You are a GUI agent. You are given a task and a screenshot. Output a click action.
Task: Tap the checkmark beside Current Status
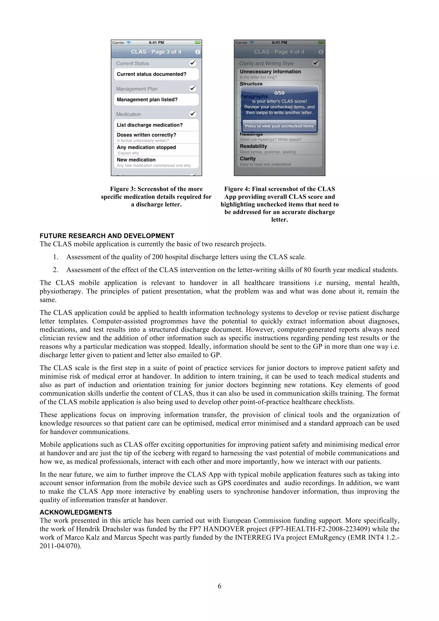[192, 63]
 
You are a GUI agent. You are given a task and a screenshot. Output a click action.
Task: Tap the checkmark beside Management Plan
[192, 88]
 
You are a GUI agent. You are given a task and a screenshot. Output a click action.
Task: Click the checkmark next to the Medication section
[192, 114]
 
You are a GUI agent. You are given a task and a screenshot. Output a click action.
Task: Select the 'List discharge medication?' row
[150, 125]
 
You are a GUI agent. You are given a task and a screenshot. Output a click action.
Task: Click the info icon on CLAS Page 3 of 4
[198, 52]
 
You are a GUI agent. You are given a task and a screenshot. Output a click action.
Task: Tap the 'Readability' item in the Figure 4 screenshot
[253, 146]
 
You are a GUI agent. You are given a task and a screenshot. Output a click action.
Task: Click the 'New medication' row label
[136, 160]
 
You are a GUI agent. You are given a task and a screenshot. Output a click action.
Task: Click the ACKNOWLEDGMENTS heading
[76, 512]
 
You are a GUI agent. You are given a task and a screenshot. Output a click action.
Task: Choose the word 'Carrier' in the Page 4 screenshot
[241, 43]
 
